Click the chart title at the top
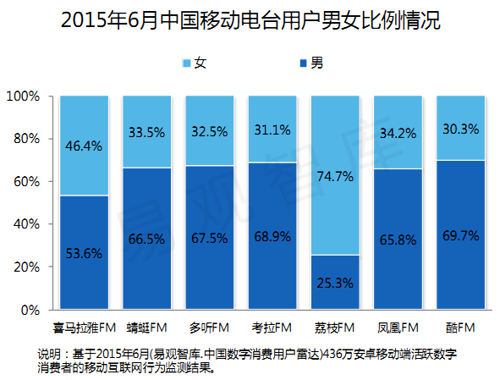pyautogui.click(x=251, y=21)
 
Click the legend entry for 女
pyautogui.click(x=195, y=63)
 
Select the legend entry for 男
pyautogui.click(x=310, y=63)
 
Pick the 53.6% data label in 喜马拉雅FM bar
pyautogui.click(x=83, y=254)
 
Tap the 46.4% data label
pyautogui.click(x=83, y=146)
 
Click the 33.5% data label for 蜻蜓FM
pyautogui.click(x=146, y=132)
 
